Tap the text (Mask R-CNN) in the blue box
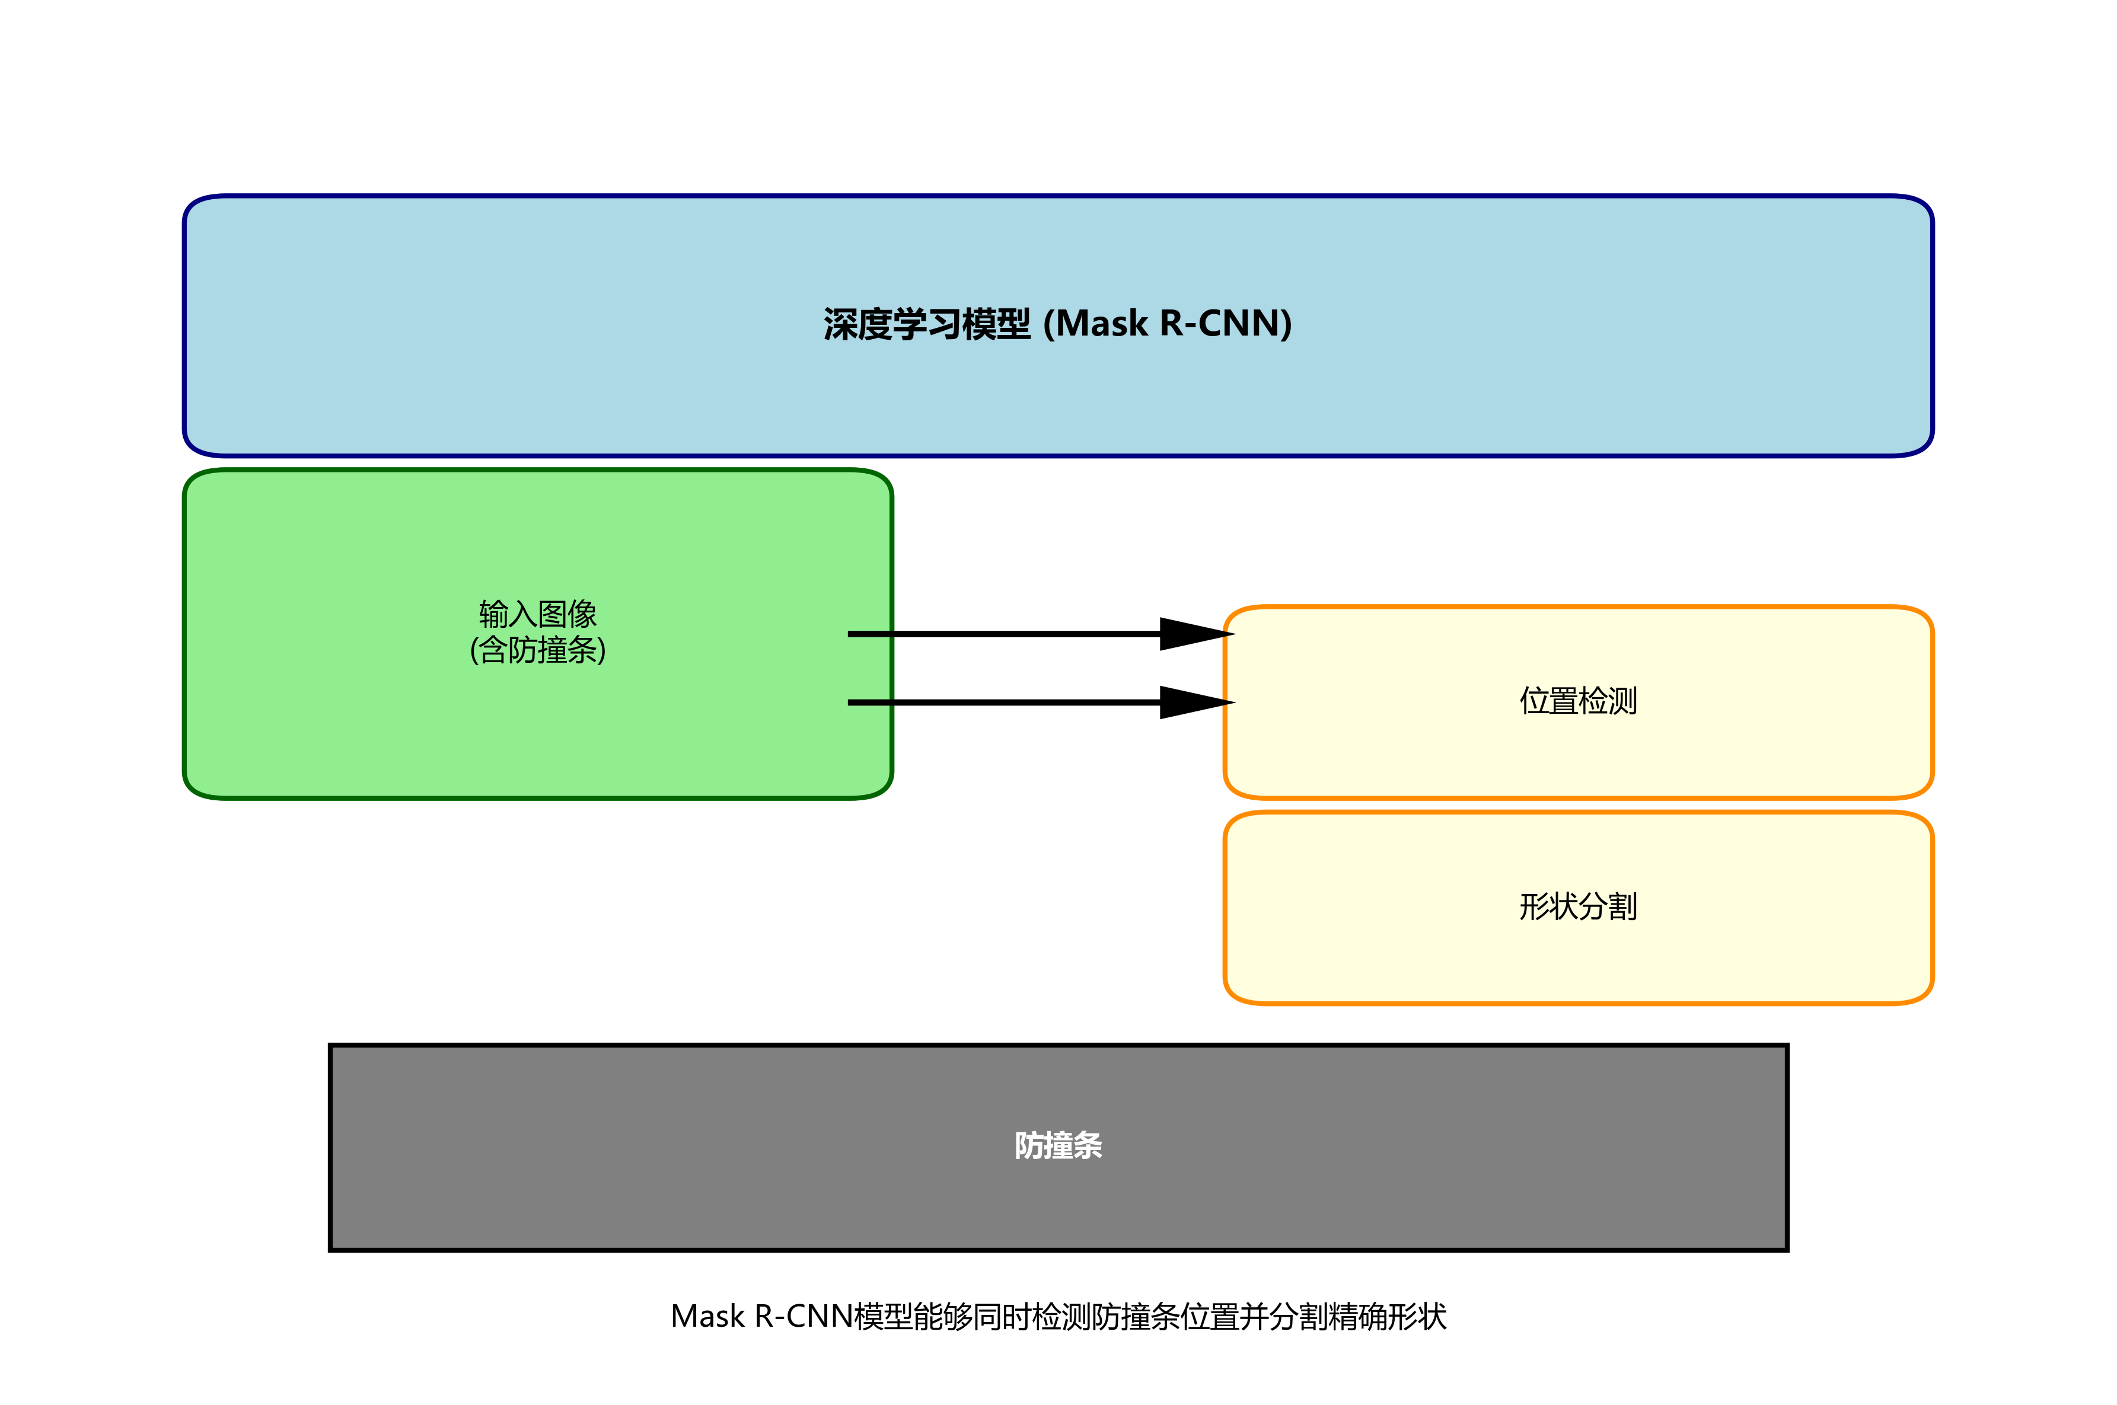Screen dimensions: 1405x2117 click(1168, 324)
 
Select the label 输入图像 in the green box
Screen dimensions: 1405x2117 click(538, 615)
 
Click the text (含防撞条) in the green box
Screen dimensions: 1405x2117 click(538, 650)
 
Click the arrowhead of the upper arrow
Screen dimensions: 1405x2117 click(1197, 634)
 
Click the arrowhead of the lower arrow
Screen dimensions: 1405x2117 click(1197, 702)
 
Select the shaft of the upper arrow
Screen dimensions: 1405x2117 click(1004, 634)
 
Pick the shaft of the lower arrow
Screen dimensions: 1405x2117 click(1004, 702)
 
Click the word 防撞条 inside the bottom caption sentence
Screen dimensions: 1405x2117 click(1134, 1316)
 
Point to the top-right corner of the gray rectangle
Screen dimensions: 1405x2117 click(1786, 1046)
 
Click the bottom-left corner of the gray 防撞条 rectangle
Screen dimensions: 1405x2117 click(331, 1249)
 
